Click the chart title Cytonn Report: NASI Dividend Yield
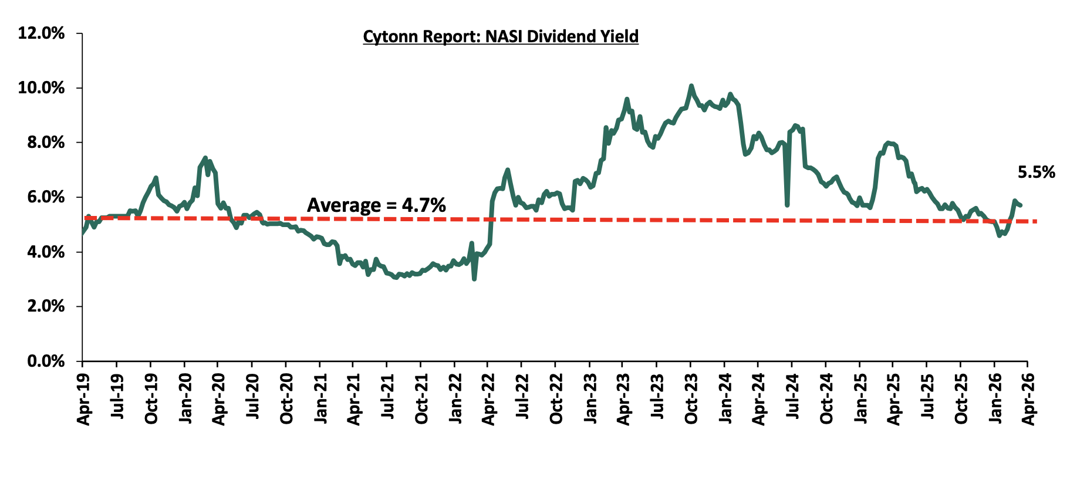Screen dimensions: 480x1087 point(500,36)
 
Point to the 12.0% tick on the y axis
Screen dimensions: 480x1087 point(42,33)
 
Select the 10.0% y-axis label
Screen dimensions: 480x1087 point(42,88)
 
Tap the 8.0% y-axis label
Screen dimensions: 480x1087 point(45,143)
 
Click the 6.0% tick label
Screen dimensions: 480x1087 point(45,197)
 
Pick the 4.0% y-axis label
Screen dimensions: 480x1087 point(45,252)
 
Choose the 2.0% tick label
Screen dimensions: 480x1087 point(45,306)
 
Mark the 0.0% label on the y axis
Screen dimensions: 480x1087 point(45,361)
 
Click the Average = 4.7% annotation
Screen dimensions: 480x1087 point(376,205)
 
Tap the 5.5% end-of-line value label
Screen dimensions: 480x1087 point(1036,173)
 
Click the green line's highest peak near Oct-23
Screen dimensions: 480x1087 point(691,86)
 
